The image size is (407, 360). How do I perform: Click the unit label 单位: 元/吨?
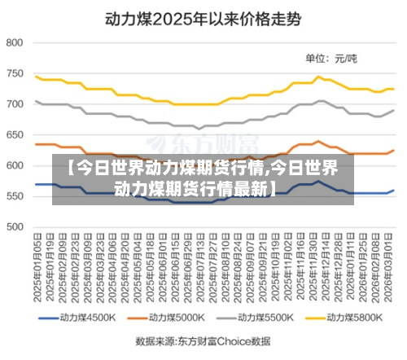click(x=330, y=58)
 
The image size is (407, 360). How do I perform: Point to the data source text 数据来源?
click(x=203, y=342)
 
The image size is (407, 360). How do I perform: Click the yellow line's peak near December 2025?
click(x=319, y=77)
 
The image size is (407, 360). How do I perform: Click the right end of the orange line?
click(x=394, y=150)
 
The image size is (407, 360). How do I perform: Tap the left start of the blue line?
click(x=37, y=184)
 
